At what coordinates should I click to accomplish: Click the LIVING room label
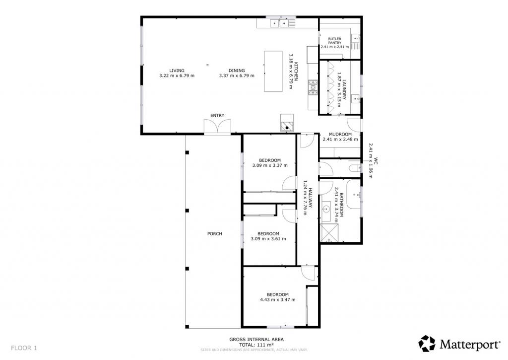point(177,71)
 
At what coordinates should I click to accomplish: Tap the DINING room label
point(237,71)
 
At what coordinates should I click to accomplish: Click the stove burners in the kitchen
point(313,87)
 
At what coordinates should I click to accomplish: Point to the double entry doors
point(217,126)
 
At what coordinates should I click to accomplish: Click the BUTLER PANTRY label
point(335,41)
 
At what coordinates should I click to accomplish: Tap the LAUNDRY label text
point(344,90)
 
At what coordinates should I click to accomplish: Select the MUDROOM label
point(340,134)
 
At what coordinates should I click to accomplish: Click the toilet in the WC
point(354,168)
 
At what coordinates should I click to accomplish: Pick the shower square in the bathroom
point(329,233)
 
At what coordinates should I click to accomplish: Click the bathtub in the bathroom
point(354,194)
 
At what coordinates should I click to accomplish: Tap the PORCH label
point(214,233)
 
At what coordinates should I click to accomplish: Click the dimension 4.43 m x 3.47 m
point(278,300)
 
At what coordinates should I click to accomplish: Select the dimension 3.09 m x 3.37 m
point(270,165)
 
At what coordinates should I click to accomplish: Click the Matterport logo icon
point(427,344)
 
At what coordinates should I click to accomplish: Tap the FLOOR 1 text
point(24,348)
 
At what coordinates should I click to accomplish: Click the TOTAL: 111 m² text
point(256,345)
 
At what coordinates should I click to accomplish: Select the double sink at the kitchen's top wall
point(279,23)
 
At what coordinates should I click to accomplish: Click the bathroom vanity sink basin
point(325,209)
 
